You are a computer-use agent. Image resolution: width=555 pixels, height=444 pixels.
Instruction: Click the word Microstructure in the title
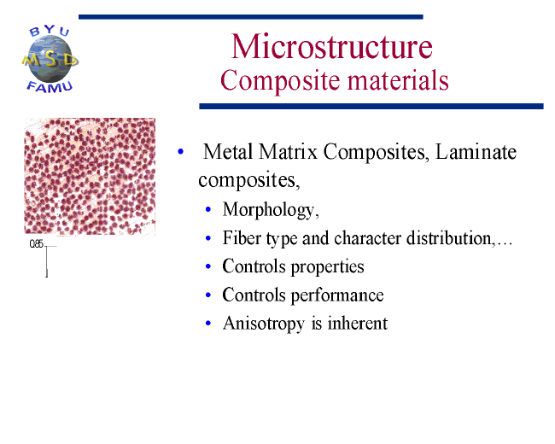[331, 46]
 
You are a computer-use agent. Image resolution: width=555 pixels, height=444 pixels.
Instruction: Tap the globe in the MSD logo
[50, 59]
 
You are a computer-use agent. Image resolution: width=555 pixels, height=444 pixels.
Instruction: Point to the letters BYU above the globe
[50, 31]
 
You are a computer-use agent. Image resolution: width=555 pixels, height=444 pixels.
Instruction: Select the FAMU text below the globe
[50, 87]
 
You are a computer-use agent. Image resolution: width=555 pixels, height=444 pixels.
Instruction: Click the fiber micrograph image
[90, 177]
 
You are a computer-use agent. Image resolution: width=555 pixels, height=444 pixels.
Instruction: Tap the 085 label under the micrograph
[36, 243]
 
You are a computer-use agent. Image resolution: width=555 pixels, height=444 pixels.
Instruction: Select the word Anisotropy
[264, 324]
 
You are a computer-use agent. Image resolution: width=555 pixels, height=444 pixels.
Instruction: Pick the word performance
[337, 295]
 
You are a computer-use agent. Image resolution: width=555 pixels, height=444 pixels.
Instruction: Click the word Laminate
[476, 151]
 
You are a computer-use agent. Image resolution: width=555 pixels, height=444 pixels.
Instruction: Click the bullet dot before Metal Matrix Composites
[180, 151]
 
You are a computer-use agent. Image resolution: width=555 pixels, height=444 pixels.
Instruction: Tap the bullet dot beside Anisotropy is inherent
[208, 323]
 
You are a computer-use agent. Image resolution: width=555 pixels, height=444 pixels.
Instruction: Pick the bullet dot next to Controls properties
[208, 266]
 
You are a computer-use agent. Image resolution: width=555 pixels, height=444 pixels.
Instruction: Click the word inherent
[358, 323]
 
